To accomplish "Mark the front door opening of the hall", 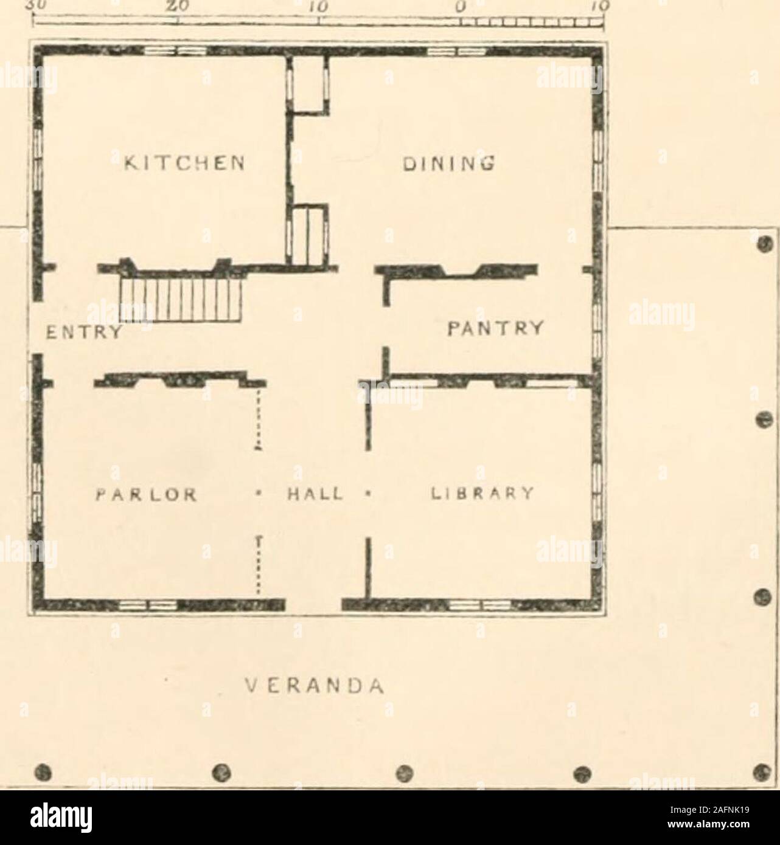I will [313, 603].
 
